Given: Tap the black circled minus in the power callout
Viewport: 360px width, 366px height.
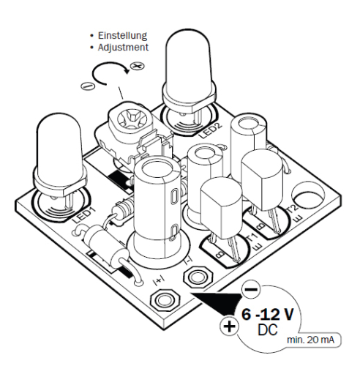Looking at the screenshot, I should click(249, 291).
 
